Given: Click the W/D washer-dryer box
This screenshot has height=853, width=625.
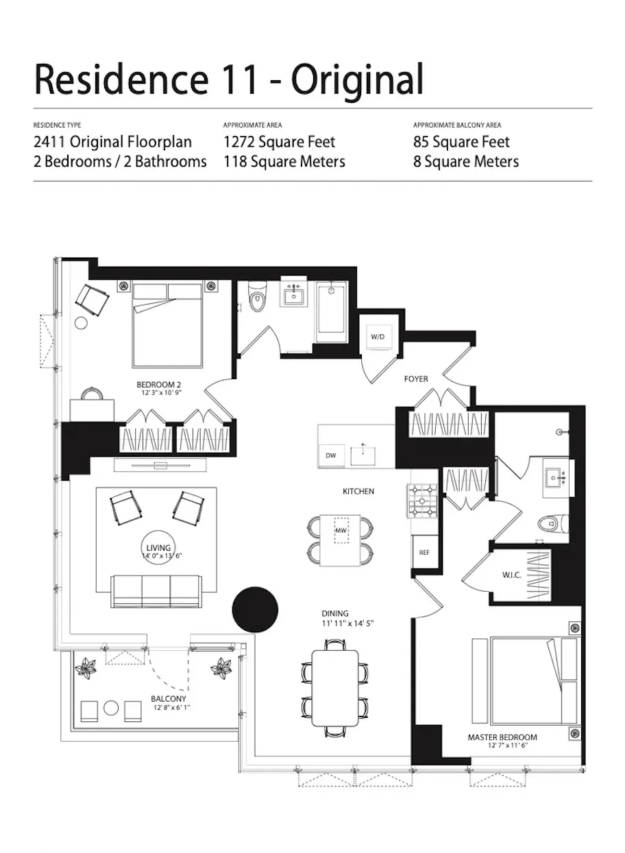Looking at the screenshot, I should tap(378, 336).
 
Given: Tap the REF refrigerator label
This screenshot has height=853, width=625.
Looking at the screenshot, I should tap(424, 552).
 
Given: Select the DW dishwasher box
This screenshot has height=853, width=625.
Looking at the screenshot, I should tap(331, 455).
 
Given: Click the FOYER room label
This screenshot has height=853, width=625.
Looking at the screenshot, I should tap(415, 379).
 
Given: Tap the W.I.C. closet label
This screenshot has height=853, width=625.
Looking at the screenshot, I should tap(512, 575).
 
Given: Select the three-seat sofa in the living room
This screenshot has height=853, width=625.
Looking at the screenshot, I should tap(156, 591).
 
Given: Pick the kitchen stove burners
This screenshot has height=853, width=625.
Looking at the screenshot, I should tap(423, 503).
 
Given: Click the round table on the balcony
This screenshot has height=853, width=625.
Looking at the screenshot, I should tap(111, 708).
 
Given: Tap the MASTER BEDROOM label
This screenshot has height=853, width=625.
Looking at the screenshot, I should tap(502, 737).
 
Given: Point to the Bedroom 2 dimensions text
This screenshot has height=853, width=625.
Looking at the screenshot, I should tap(158, 393).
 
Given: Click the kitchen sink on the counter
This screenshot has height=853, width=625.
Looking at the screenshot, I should tap(362, 451).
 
